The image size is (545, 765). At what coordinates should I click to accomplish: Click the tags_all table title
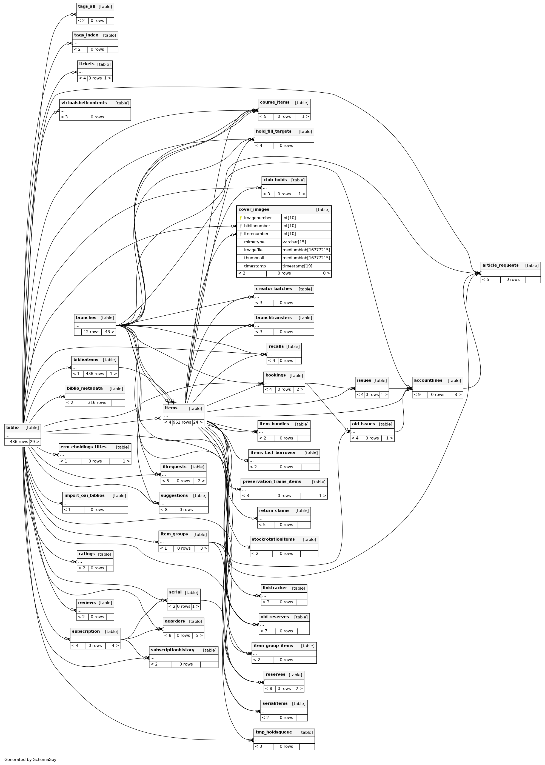click(x=87, y=6)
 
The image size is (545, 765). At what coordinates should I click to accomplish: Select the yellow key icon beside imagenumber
click(x=241, y=218)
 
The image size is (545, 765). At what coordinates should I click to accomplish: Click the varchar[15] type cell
click(x=294, y=242)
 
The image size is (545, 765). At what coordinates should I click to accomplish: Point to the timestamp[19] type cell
click(x=297, y=266)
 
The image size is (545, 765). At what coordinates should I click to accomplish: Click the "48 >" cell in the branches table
click(x=109, y=332)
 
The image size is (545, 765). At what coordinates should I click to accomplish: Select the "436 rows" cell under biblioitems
click(x=95, y=373)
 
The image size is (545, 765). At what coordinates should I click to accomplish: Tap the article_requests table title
click(x=500, y=266)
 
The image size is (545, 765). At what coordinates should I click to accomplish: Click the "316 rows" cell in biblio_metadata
click(x=97, y=402)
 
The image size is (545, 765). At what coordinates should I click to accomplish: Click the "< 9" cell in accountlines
click(x=420, y=395)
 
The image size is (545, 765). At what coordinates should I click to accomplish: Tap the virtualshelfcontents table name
click(x=84, y=103)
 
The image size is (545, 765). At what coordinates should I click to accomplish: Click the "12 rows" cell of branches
click(x=91, y=332)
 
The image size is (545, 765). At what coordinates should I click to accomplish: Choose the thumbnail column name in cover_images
click(x=254, y=258)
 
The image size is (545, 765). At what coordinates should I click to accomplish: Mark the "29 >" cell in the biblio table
click(x=35, y=442)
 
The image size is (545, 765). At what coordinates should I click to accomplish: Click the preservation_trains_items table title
click(x=272, y=481)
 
